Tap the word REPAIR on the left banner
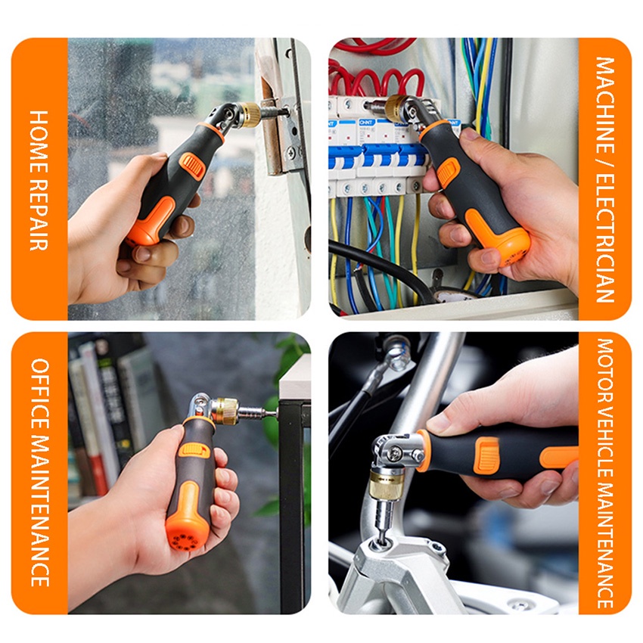pyautogui.click(x=39, y=216)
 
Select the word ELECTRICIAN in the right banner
pyautogui.click(x=605, y=238)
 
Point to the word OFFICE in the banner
pyautogui.click(x=40, y=393)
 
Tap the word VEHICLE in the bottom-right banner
pyautogui.click(x=605, y=444)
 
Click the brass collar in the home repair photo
pyautogui.click(x=249, y=114)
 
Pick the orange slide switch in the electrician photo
pyautogui.click(x=449, y=172)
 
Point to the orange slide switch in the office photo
pyautogui.click(x=194, y=450)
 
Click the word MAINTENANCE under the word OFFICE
pyautogui.click(x=40, y=511)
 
